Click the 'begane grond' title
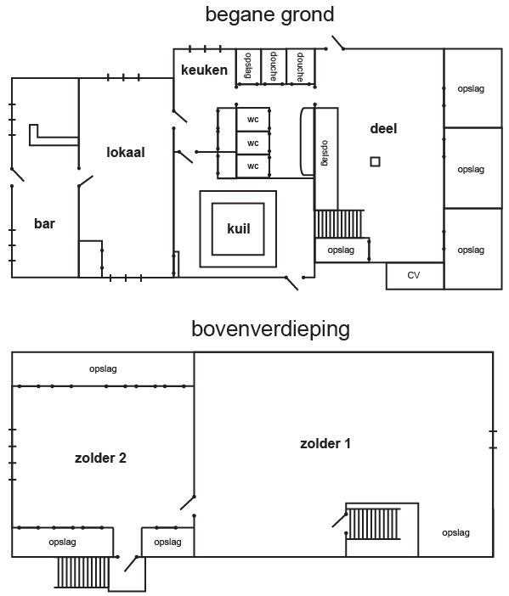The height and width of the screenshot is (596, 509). point(269,15)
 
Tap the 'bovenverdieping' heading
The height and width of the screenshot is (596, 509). point(270,329)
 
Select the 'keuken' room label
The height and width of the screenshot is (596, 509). point(204,70)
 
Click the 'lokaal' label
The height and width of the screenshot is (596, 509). point(126,153)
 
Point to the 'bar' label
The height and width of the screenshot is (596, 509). point(44,223)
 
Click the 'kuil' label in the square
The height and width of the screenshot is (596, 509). point(239,228)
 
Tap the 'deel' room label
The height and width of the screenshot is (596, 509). point(383,128)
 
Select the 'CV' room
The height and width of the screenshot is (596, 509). point(415,276)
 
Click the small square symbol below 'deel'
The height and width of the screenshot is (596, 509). point(375,162)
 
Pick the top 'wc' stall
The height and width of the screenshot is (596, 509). point(253,120)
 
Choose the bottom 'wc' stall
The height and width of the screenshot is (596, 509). point(253,166)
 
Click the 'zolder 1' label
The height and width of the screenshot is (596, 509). point(325,443)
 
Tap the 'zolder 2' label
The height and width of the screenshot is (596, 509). point(100,458)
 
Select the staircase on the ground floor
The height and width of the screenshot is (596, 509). point(339,224)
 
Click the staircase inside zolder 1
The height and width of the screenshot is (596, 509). point(374,524)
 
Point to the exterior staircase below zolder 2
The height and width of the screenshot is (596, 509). point(83,572)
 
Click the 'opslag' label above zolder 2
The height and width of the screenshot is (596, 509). point(103,368)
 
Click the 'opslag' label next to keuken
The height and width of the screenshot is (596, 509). point(247,65)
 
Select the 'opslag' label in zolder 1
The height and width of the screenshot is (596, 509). point(455,532)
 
